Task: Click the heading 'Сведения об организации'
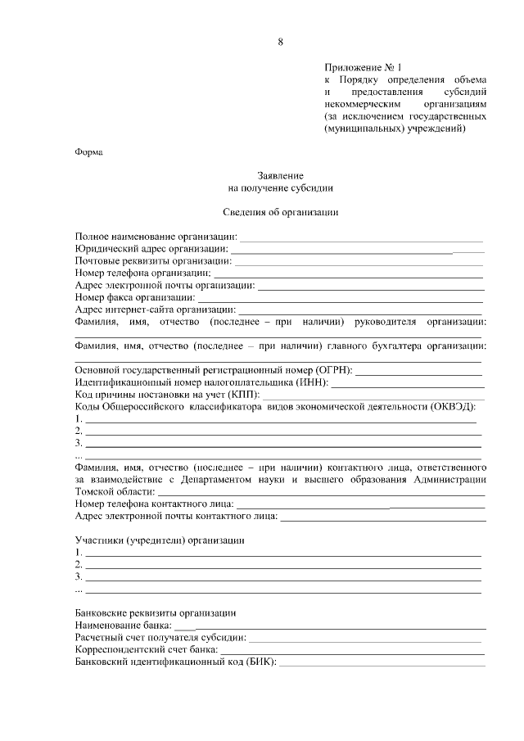[x=281, y=212]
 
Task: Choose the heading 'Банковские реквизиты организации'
[x=156, y=612]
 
